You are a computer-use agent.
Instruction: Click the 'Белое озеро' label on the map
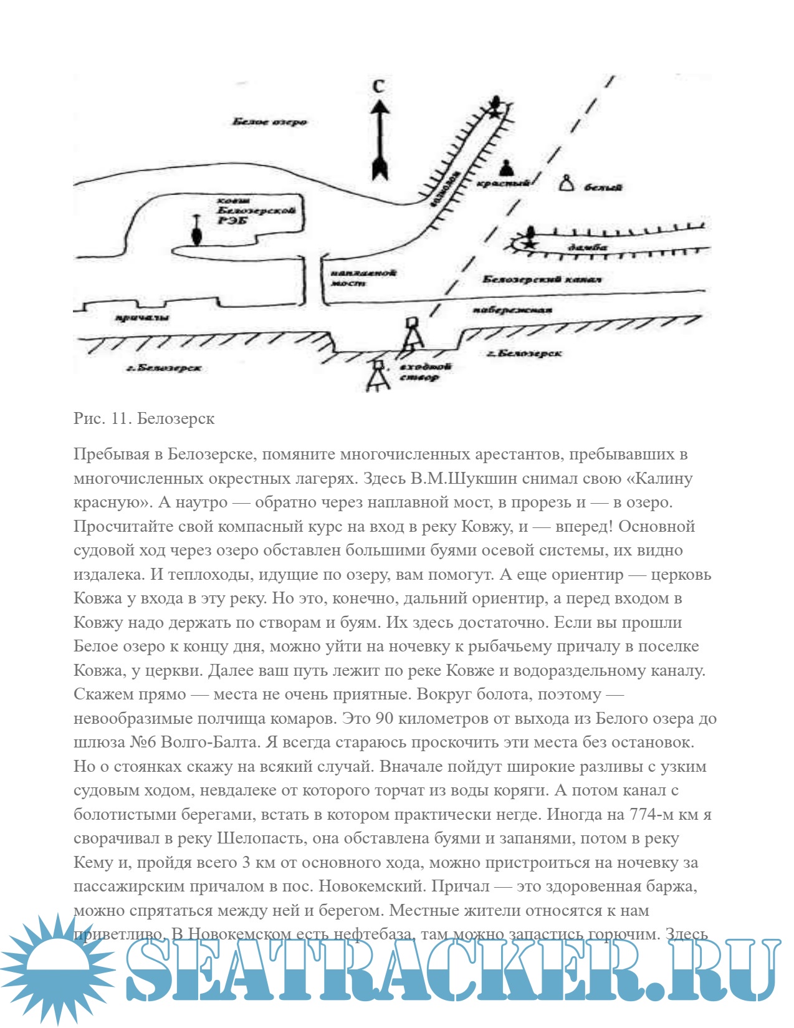click(269, 122)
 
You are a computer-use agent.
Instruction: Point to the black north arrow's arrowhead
click(380, 110)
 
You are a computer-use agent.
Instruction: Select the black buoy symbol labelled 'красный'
click(505, 168)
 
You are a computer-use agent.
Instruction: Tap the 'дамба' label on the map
click(587, 247)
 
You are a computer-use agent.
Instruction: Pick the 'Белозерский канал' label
click(542, 279)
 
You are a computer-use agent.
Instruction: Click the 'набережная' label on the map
click(512, 310)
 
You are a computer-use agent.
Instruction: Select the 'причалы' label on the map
click(143, 319)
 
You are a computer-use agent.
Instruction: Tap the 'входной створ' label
click(425, 372)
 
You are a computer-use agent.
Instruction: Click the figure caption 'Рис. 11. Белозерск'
click(144, 418)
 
